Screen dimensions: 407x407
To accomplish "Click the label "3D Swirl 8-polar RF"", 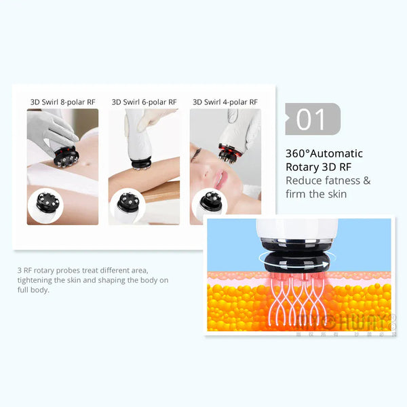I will pos(62,102).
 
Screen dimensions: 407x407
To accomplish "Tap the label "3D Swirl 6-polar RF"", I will pos(144,102).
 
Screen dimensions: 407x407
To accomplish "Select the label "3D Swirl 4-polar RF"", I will pos(225,102).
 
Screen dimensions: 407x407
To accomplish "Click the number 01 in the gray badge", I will pos(311,119).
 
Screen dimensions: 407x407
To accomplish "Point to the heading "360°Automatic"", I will pos(324,153).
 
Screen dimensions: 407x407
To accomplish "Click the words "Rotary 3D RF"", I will pos(319,167).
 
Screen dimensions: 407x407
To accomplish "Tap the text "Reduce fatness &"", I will pos(328,180).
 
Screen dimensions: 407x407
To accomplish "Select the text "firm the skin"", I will pos(316,194).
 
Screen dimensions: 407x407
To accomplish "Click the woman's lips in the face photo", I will pos(218,178).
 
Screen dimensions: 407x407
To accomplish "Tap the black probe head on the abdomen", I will pos(68,157).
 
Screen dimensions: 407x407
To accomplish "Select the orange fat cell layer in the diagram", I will pos(244,309).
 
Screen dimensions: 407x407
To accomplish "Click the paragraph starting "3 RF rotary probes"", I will pos(92,279).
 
